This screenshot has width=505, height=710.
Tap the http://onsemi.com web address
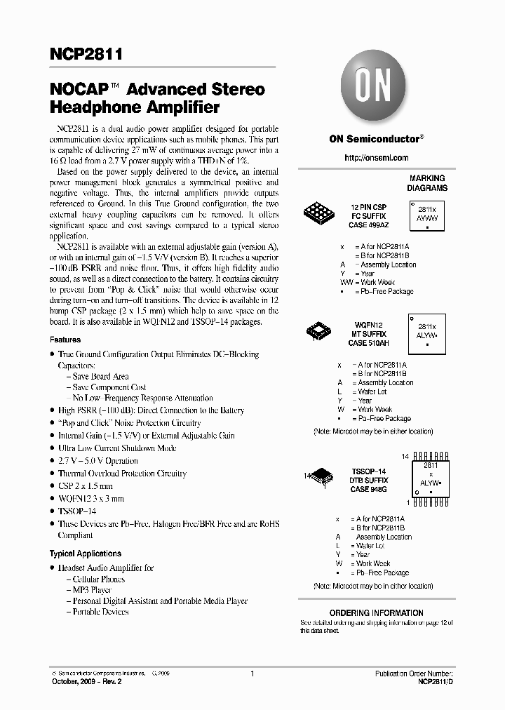tap(377, 158)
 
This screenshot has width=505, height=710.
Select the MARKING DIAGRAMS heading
tap(427, 183)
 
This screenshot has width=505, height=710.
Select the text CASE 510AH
tap(368, 342)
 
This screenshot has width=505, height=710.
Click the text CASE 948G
tap(368, 489)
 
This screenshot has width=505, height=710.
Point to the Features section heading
tap(65, 340)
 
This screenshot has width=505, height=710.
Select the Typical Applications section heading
tap(86, 554)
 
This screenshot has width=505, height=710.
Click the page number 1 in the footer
tap(251, 674)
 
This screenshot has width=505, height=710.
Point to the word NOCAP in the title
tap(79, 90)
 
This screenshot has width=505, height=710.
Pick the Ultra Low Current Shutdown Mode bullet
tap(117, 448)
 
